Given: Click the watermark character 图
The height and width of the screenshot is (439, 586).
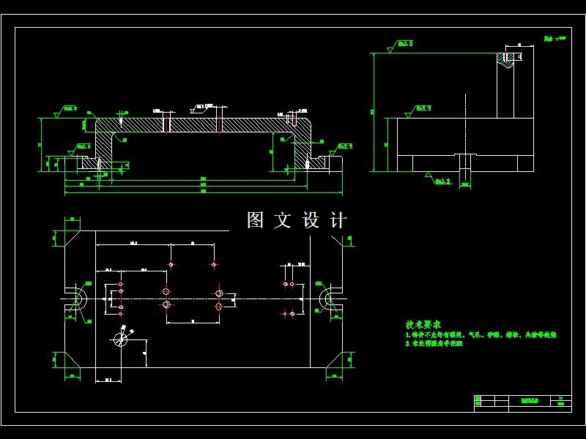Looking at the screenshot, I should [255, 220].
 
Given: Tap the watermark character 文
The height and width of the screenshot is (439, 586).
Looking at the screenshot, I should [283, 220].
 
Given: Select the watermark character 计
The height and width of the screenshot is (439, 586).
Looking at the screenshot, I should [338, 220].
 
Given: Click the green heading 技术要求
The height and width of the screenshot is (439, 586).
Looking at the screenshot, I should [423, 324].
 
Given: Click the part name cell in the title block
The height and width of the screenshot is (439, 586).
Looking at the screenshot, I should [529, 401].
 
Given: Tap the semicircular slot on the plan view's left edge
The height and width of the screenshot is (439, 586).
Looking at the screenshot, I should [78, 299].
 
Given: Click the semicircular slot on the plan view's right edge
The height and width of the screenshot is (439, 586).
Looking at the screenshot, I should [327, 299].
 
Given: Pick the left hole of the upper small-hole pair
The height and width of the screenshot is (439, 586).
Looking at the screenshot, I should [171, 264].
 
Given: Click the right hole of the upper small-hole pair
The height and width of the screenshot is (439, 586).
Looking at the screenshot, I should [214, 264].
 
